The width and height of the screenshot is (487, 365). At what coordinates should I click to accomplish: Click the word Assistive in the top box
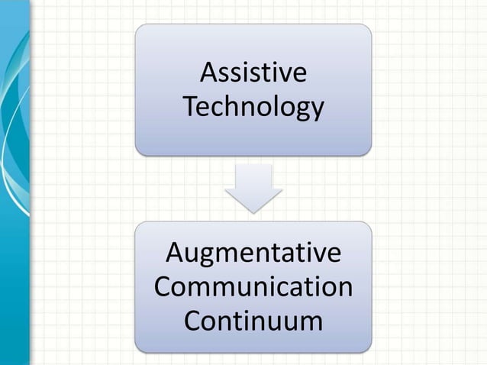click(x=253, y=75)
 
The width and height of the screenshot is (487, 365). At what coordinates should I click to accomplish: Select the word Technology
click(x=253, y=108)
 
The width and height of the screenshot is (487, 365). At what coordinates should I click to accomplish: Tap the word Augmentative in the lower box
click(x=253, y=253)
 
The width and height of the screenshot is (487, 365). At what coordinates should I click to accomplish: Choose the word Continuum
click(x=253, y=320)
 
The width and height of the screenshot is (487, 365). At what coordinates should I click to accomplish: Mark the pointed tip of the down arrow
click(x=253, y=211)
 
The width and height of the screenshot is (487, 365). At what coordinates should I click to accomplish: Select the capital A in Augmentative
click(x=175, y=253)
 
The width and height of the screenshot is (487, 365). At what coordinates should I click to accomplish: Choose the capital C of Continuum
click(x=194, y=320)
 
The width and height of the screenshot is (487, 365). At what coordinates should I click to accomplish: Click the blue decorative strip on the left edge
click(x=15, y=183)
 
